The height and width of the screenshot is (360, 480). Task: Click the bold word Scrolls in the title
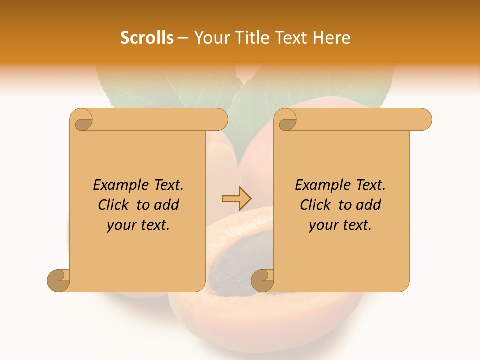click(147, 38)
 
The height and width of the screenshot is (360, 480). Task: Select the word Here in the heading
click(332, 38)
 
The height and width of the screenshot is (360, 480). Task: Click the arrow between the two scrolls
click(236, 199)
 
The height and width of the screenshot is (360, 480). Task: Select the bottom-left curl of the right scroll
click(263, 280)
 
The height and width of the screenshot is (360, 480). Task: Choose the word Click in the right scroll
click(316, 205)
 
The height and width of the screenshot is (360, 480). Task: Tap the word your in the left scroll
click(121, 225)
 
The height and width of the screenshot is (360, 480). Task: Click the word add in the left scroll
click(166, 205)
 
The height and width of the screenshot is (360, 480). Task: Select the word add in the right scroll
click(368, 205)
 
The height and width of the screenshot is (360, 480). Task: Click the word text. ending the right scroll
click(356, 225)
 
